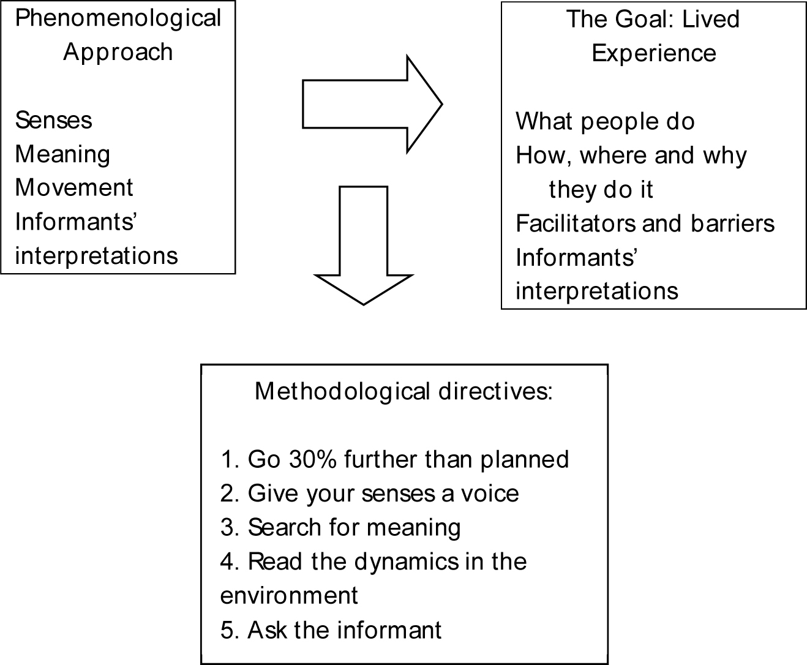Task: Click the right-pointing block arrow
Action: [372, 104]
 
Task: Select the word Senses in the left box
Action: [53, 120]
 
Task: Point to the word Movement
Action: [74, 187]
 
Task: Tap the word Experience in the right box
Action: [654, 54]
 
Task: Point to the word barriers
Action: [732, 224]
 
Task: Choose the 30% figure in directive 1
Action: [313, 459]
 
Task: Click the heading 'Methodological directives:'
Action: [404, 391]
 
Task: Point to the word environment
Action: [289, 595]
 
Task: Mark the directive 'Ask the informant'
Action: [344, 630]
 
